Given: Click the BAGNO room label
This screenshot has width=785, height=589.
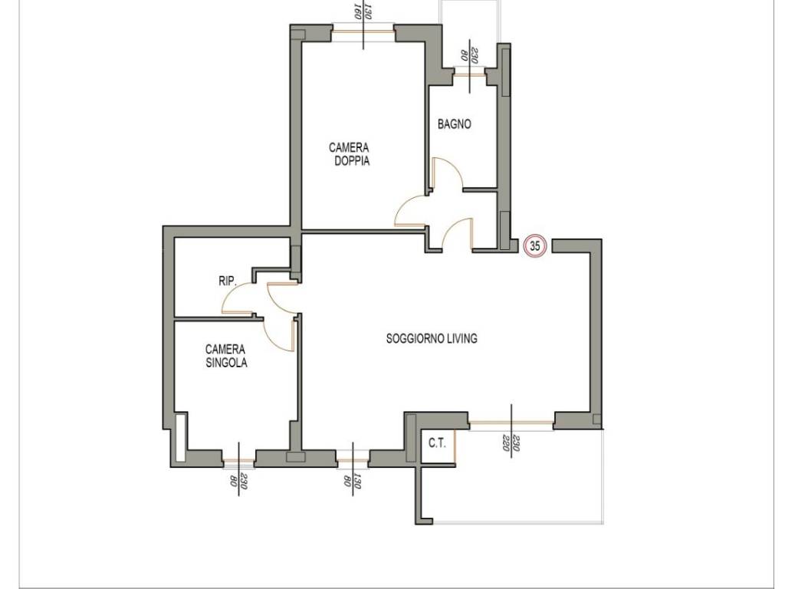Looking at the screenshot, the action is click(454, 123).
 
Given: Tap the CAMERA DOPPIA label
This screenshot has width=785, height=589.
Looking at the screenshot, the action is click(349, 154).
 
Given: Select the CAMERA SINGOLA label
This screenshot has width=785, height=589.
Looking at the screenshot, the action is click(226, 356).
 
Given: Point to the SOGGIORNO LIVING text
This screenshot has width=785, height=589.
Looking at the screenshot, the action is click(432, 338).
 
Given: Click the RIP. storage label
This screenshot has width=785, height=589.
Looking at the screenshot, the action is click(227, 281).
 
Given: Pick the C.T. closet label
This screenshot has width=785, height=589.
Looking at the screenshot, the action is click(437, 443).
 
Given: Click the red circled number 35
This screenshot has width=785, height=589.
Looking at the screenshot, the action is click(534, 246).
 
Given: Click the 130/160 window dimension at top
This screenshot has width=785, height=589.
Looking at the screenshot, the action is click(363, 11).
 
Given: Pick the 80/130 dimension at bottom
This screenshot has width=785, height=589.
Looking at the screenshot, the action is click(353, 481).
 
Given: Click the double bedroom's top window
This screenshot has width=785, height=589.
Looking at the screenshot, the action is click(364, 32).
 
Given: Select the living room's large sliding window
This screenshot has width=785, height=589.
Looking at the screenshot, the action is click(511, 423).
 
